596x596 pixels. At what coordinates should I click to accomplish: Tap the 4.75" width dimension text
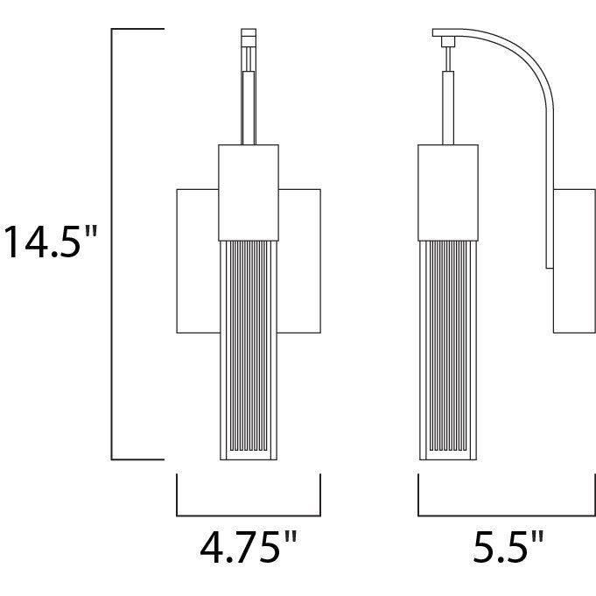[x=248, y=549]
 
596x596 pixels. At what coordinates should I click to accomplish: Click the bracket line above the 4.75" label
[x=248, y=515]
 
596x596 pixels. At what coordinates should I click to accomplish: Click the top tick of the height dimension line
[x=137, y=29]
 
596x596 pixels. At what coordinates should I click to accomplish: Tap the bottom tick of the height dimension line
[x=137, y=459]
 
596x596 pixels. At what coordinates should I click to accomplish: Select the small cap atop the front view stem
[x=249, y=39]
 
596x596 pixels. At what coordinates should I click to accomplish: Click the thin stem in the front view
[x=249, y=105]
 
